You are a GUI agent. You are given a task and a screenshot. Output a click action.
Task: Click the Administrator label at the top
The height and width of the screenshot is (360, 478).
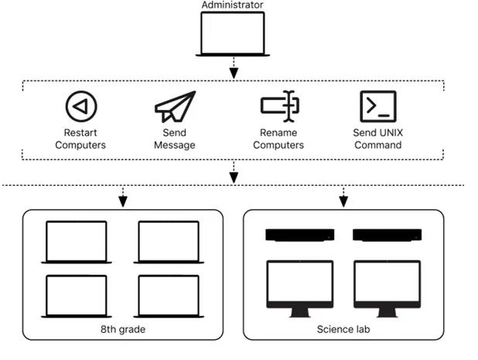(x=232, y=5)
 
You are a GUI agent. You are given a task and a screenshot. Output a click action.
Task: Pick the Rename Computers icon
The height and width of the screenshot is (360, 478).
(x=279, y=107)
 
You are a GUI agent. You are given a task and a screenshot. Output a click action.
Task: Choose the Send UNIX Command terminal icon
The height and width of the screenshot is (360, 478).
(x=377, y=106)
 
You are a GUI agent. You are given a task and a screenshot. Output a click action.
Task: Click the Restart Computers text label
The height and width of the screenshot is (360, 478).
(x=80, y=139)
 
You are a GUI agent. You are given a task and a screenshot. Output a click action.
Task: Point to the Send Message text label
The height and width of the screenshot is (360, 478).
(x=174, y=139)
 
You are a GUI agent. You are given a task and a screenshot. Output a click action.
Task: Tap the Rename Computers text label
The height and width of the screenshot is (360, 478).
(x=278, y=139)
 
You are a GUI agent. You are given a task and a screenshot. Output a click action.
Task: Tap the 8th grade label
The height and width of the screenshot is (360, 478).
(x=121, y=330)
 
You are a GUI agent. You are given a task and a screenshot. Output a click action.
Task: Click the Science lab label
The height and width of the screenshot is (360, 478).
(x=343, y=330)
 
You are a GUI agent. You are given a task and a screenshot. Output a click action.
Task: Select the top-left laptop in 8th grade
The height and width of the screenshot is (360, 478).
(x=76, y=242)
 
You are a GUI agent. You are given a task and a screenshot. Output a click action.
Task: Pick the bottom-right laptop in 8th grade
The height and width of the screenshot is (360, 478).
(x=169, y=296)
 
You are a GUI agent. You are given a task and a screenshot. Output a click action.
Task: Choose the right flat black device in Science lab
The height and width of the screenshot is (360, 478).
(x=387, y=234)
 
